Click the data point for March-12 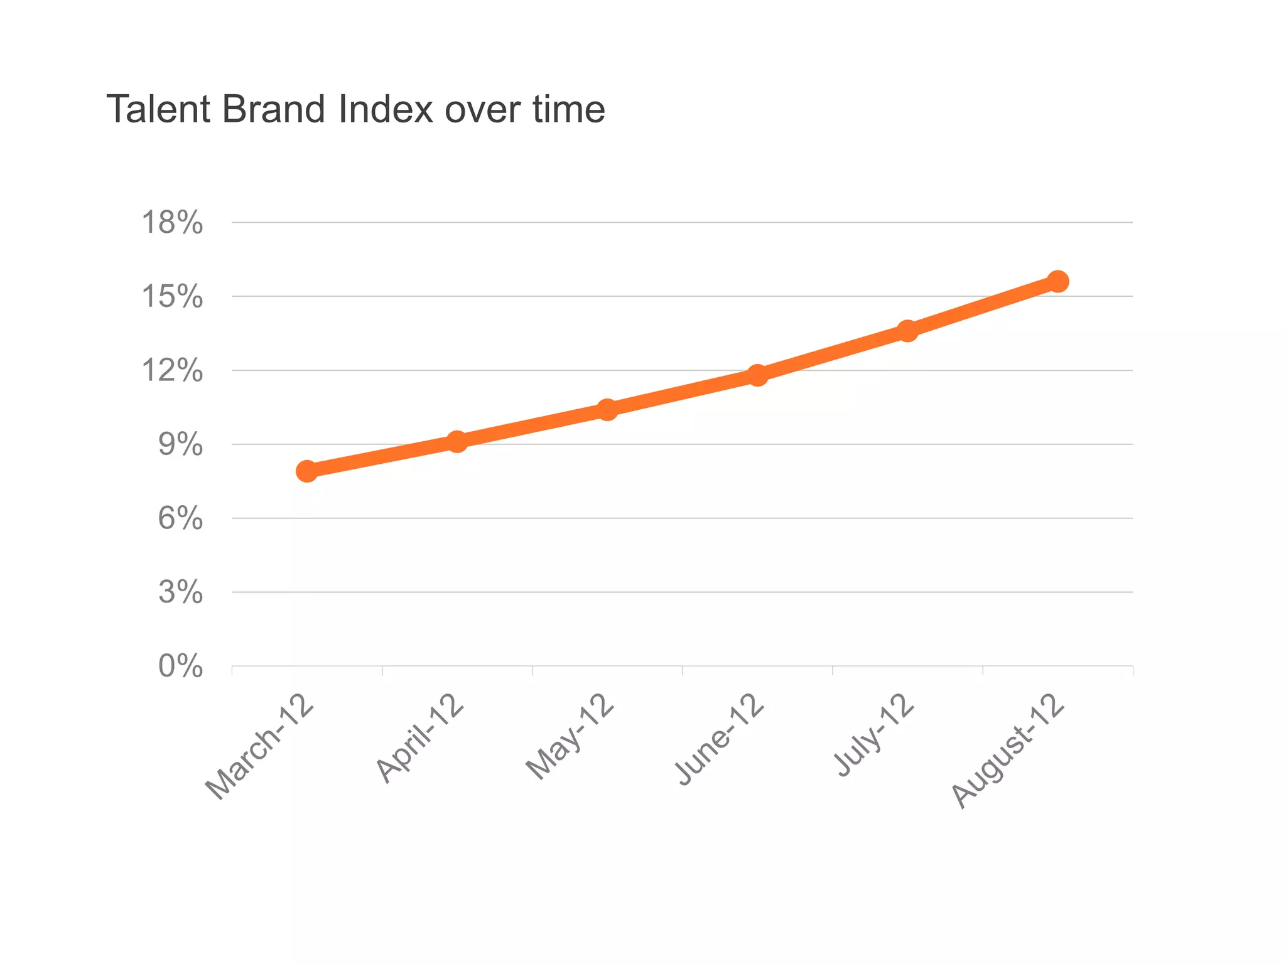(x=307, y=471)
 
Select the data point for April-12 (x=457, y=442)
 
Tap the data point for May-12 (x=607, y=410)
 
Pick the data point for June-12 (x=757, y=375)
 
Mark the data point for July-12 (x=907, y=331)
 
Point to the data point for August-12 (x=1057, y=281)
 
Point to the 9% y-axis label (x=181, y=445)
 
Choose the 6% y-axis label (x=181, y=519)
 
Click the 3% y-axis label (x=181, y=592)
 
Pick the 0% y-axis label (x=181, y=667)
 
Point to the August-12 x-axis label (x=1008, y=751)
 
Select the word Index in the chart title (x=385, y=109)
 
